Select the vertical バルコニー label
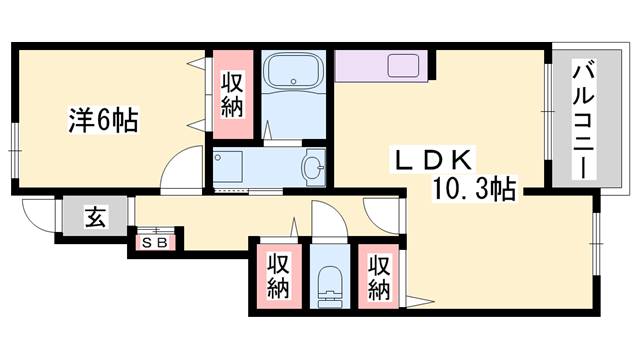(580, 120)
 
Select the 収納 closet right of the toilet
(378, 277)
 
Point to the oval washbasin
(313, 167)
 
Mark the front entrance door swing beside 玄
(38, 218)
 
